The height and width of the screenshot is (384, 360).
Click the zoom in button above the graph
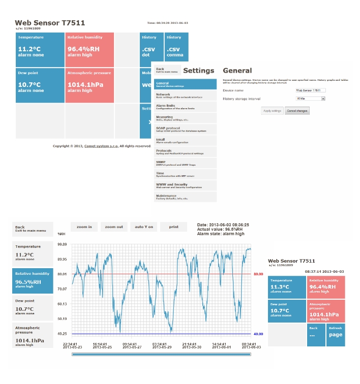coord(84,227)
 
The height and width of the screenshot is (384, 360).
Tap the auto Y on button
coord(143,227)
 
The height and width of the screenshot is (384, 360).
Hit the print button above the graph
coord(173,227)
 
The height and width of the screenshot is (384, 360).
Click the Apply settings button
coord(272,110)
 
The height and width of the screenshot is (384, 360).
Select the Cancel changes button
coord(297,110)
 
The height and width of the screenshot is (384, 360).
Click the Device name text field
coord(310,90)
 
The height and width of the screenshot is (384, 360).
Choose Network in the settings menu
coord(186,95)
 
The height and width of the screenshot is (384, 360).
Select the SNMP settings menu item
coord(186,163)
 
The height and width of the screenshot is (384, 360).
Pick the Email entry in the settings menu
coord(186,140)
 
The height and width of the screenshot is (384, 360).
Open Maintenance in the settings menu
coord(186,197)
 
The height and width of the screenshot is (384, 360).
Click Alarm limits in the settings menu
coord(186,107)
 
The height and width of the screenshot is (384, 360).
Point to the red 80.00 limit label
coord(258,274)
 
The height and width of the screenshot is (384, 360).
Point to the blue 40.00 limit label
coord(258,334)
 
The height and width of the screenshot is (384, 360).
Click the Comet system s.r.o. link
coord(101,146)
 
